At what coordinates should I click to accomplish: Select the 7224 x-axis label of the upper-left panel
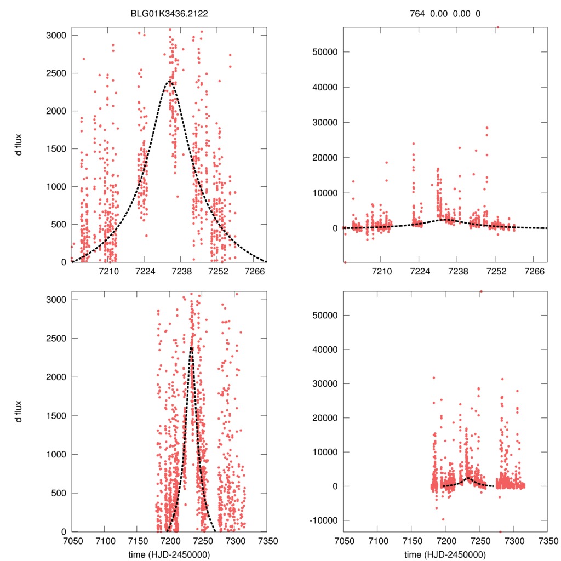point(145,272)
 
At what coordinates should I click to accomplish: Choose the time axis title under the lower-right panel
point(445,554)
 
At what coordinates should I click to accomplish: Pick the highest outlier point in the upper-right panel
point(497,27)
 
